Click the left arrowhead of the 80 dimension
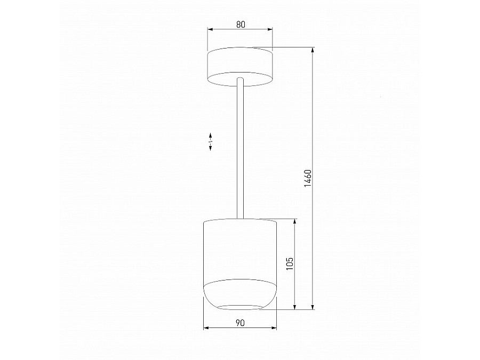click(x=210, y=29)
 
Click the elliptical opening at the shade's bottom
click(x=240, y=306)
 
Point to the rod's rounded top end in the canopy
click(x=240, y=80)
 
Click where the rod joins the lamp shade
click(x=240, y=218)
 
